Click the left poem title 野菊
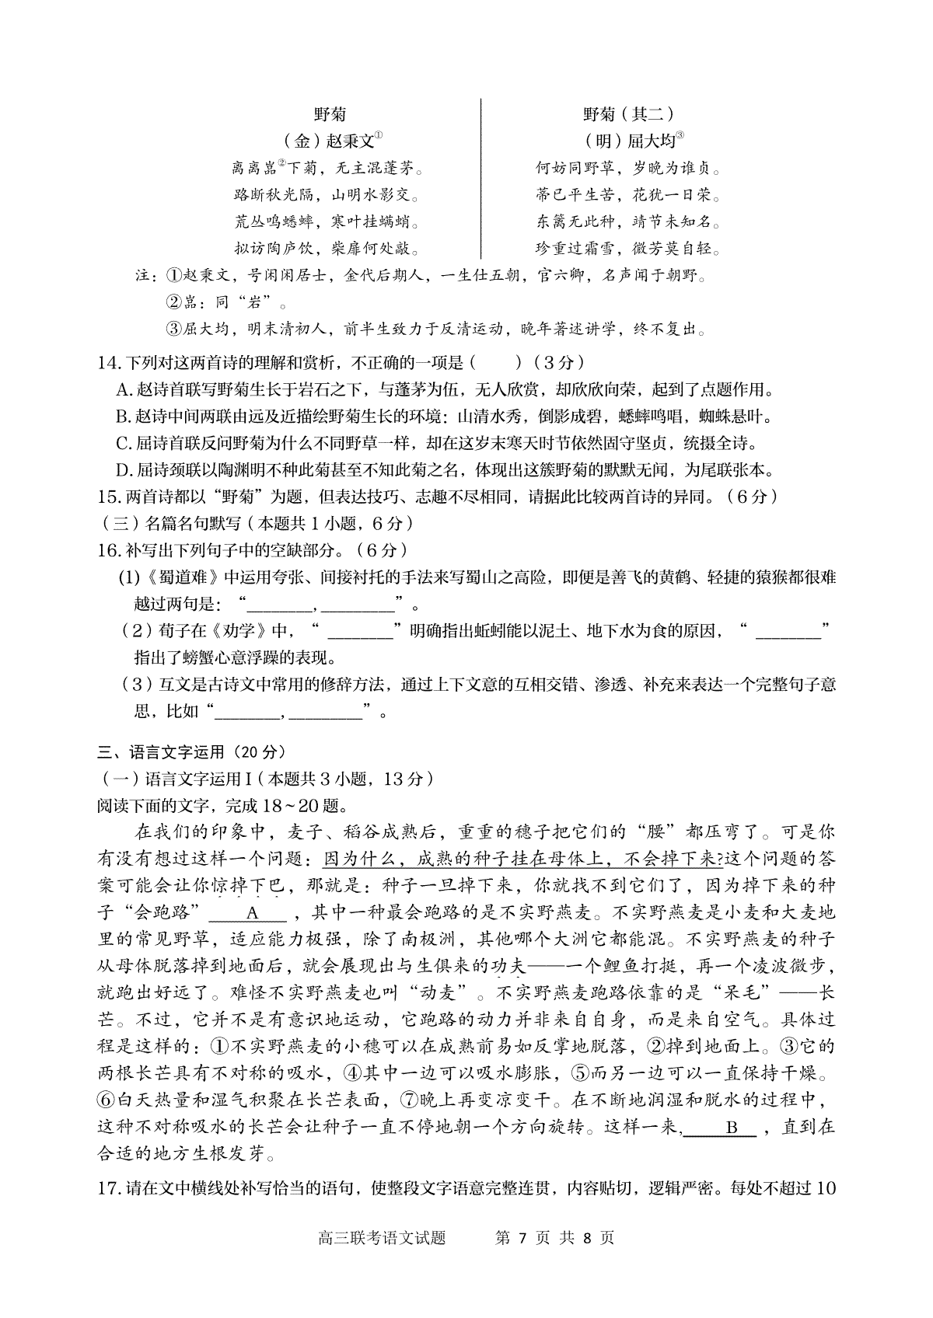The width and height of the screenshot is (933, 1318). (x=330, y=114)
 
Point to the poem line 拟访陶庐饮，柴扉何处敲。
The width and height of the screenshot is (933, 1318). (x=327, y=249)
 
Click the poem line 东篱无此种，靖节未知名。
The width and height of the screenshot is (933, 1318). (x=628, y=221)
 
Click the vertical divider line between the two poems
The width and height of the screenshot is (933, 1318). (x=481, y=179)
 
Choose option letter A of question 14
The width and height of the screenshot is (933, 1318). (x=122, y=389)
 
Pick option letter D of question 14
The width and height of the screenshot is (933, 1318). (x=122, y=469)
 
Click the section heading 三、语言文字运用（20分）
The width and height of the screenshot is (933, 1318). (x=192, y=751)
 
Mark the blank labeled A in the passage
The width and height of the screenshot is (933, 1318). (x=251, y=913)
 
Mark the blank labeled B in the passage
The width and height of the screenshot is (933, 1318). (x=730, y=1127)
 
